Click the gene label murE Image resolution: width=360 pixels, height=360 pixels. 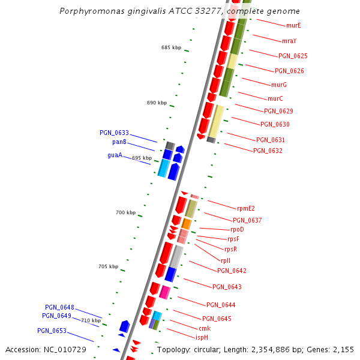pos(293,25)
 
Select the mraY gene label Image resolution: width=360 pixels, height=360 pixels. pos(289,41)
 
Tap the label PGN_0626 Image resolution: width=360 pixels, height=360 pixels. pos(293,56)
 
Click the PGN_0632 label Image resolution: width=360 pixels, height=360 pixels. pos(268,151)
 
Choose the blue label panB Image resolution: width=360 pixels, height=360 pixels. pos(119,142)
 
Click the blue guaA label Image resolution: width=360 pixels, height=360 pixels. pos(115,155)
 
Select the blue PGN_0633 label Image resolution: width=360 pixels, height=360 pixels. pos(114,133)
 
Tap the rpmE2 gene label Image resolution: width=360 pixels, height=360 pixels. pos(246,208)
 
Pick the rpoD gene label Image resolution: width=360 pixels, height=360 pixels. pos(237,229)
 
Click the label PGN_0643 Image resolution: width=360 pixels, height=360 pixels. pos(227,287)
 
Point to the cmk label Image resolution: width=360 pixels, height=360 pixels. pos(205,328)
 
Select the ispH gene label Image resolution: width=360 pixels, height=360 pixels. pos(202,337)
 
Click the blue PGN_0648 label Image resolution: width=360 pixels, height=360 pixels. pos(59,307)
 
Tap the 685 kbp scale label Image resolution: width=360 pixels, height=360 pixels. pos(171,47)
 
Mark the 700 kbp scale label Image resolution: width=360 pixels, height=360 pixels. pos(126,212)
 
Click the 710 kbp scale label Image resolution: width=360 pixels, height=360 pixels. pos(91,320)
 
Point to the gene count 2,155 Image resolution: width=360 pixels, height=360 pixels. pos(343,349)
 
